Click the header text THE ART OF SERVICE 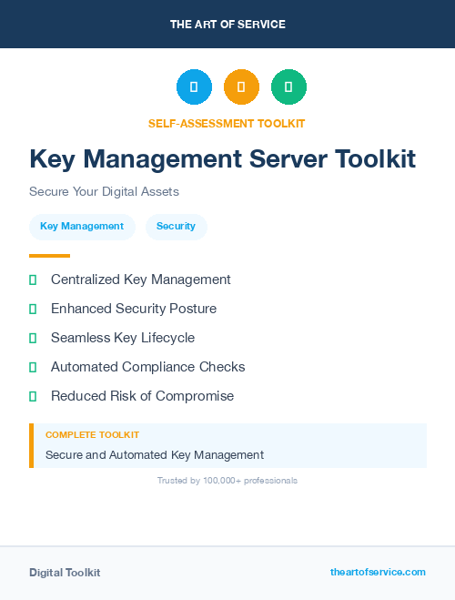coord(227,25)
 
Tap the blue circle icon coord(194,87)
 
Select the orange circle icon coord(241,87)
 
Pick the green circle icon coord(288,87)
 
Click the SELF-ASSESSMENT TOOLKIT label coord(227,123)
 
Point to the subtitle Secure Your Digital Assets coord(104,192)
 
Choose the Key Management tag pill coord(82,227)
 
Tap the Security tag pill coord(176,227)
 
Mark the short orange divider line coord(49,256)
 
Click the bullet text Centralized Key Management coord(141,280)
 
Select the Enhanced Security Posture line coord(134,309)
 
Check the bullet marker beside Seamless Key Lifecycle coord(33,338)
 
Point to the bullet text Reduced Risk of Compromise coord(142,396)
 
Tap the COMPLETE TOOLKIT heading coord(92,435)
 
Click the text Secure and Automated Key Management coord(155,454)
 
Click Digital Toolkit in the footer coord(65,573)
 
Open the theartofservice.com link coord(378,572)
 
